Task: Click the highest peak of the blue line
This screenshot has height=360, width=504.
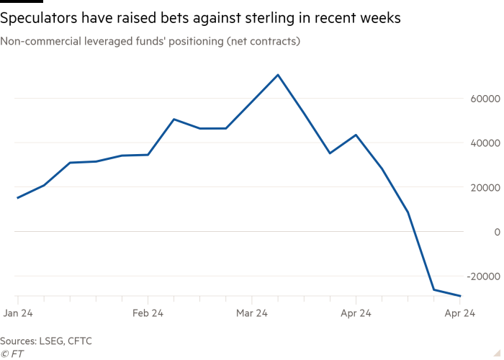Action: click(279, 74)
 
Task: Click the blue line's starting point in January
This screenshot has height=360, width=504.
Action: click(17, 197)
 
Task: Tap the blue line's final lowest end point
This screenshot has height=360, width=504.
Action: click(461, 296)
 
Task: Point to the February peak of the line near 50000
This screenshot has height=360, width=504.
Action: click(174, 119)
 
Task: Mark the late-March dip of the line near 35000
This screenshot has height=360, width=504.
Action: click(329, 153)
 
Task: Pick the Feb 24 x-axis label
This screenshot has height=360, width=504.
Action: click(148, 313)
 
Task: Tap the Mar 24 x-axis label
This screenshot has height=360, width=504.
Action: click(252, 313)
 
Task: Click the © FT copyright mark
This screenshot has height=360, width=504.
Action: click(10, 353)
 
